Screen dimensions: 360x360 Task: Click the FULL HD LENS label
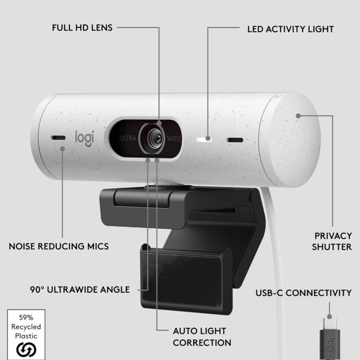pos(82,28)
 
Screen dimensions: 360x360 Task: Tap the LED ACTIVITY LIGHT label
pos(290,29)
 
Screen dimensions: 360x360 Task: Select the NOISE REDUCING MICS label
pos(59,247)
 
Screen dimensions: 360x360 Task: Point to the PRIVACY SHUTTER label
pos(332,241)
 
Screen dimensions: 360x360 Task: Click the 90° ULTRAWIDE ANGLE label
pos(80,290)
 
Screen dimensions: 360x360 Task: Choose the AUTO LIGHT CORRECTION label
pos(202,337)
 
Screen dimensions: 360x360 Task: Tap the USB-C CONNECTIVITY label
pos(304,293)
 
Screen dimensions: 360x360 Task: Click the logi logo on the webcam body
pos(85,138)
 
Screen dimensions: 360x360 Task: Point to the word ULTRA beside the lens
pos(128,138)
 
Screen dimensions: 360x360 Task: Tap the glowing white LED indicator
pos(204,139)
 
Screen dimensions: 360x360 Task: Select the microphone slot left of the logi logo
pos(58,138)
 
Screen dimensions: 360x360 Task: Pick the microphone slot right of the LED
pos(235,140)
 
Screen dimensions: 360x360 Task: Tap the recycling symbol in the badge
pos(26,350)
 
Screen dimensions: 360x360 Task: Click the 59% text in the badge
pos(26,318)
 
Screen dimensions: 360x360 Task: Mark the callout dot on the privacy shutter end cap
pos(298,116)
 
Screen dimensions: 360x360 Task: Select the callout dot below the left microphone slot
pos(62,149)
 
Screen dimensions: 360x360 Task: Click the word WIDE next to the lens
pos(174,139)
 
